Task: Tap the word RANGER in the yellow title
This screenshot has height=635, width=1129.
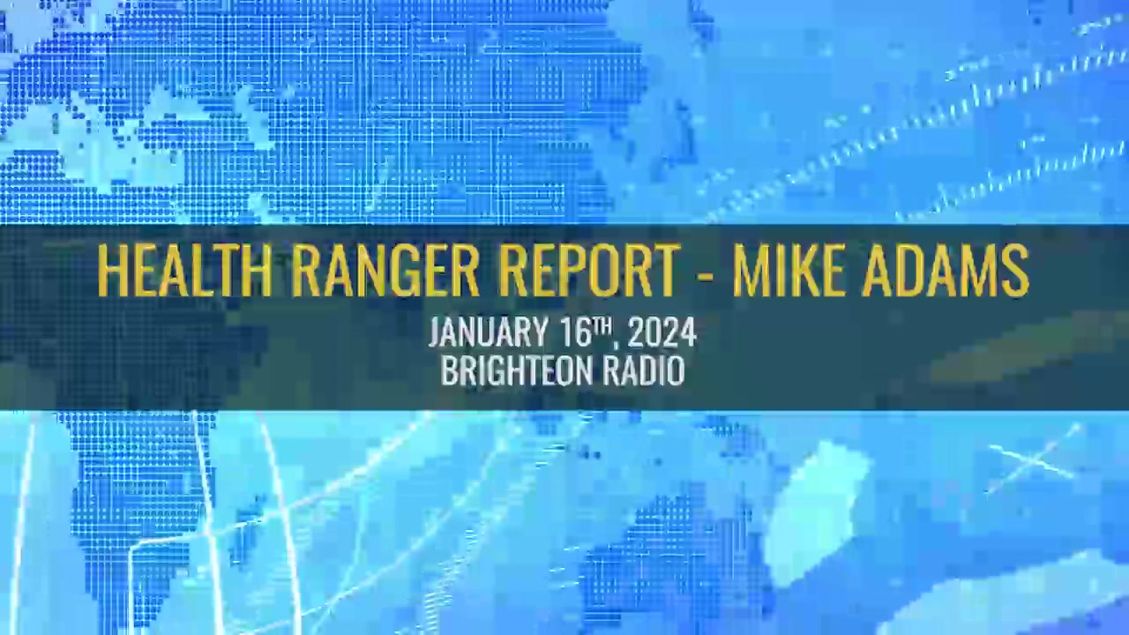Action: click(385, 271)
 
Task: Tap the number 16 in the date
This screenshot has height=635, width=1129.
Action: click(573, 332)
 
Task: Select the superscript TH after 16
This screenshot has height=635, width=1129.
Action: click(600, 325)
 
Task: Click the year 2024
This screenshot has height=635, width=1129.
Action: click(662, 332)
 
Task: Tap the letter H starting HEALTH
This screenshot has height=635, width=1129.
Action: click(112, 271)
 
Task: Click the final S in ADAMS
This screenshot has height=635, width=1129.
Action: click(1014, 271)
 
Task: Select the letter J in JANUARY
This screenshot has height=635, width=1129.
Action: click(435, 332)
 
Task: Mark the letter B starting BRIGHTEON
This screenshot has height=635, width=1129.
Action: click(449, 370)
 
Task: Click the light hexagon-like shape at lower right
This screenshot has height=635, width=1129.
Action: click(817, 513)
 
